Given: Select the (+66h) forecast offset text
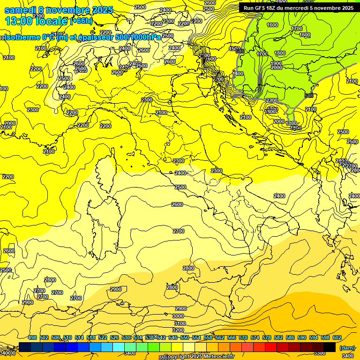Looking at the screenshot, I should pyautogui.click(x=81, y=21).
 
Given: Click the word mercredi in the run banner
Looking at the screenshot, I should pyautogui.click(x=300, y=8).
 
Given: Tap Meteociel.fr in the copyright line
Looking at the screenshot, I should pyautogui.click(x=217, y=357).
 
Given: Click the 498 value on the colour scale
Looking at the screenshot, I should pyautogui.click(x=32, y=337).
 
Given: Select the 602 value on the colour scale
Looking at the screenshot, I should pyautogui.click(x=337, y=337).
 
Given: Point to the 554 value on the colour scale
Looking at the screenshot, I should pyautogui.click(x=196, y=337).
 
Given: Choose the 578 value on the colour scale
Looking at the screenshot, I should pyautogui.click(x=267, y=337).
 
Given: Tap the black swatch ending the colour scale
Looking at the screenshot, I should pyautogui.click(x=330, y=347).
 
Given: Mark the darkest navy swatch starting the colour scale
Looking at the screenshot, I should pyautogui.click(x=25, y=347).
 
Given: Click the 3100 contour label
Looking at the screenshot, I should pyautogui.click(x=180, y=323).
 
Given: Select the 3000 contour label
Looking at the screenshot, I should pyautogui.click(x=178, y=316).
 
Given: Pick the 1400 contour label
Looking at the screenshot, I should pyautogui.click(x=238, y=74).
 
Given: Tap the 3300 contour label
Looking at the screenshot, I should pyautogui.click(x=320, y=353).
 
